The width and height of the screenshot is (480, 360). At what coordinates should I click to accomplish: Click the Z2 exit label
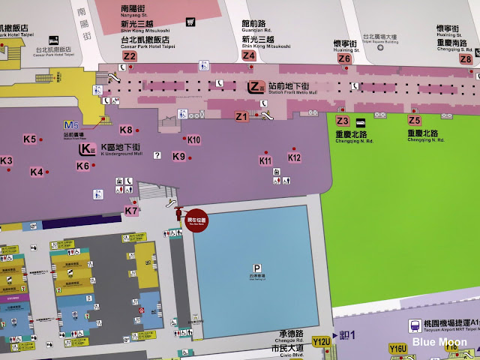pos(130,56)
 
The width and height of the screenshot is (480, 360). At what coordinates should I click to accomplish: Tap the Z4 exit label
pos(249,55)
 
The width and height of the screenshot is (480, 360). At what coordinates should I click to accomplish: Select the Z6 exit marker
pos(344,58)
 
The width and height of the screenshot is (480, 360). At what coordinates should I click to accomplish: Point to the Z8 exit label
pos(466,58)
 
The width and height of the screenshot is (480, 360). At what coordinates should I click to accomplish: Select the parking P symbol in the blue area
pos(257,268)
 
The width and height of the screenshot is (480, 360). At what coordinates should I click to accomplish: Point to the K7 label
pos(131,211)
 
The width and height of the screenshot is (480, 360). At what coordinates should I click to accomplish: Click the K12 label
pos(294,157)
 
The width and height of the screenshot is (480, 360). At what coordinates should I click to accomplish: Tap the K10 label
pos(193,139)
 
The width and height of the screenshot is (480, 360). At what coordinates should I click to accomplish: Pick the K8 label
pos(125,130)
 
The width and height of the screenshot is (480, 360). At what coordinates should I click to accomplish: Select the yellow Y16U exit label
pos(398,348)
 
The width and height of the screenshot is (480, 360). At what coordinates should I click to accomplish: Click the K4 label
pos(37,172)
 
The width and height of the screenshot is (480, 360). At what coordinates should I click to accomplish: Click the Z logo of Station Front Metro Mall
pos(256,86)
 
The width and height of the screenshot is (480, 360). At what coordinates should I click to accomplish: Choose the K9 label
pos(178,157)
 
